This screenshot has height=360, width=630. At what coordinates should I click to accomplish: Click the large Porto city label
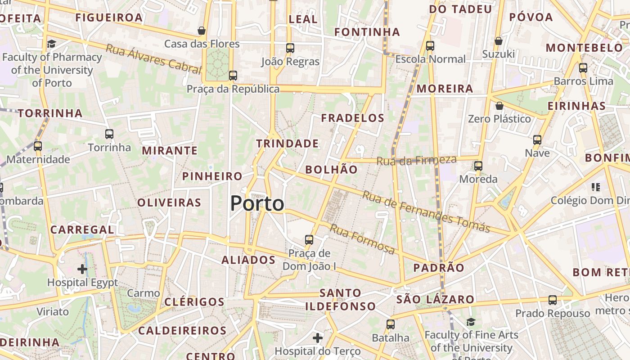pos(257,204)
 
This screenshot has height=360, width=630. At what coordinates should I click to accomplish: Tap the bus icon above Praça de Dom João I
pos(309,240)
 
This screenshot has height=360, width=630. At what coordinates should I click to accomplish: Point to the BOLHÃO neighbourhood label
pos(332,170)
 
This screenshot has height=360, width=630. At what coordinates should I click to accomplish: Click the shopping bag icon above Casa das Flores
pos(202,31)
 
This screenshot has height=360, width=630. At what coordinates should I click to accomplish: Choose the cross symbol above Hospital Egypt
pos(82,269)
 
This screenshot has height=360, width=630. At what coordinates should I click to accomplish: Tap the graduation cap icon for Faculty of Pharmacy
pos(51,44)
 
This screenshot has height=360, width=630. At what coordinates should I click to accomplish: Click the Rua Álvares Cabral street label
pos(153,59)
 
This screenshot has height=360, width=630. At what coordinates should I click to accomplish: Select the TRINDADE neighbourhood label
pos(288,144)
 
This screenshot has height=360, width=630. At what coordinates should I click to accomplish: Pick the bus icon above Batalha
pos(391,324)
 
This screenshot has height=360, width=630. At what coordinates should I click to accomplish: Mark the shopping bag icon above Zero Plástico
pos(499,106)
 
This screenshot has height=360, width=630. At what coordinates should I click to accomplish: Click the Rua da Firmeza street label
pos(416,160)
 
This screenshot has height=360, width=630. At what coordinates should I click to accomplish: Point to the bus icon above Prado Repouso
pos(553,300)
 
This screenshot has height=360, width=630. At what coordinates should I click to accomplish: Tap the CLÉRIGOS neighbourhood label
pos(194,301)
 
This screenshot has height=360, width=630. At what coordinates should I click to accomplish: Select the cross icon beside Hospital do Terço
pos(318,337)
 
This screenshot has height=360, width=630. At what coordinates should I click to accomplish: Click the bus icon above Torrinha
pos(109,134)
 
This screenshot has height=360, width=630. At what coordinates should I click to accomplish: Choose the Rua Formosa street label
pos(362,238)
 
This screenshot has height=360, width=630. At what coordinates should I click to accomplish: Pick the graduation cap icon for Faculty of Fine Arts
pos(471,322)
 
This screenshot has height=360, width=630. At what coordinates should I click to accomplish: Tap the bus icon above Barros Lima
pos(583,68)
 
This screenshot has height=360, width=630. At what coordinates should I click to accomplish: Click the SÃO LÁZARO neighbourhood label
pos(435,299)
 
